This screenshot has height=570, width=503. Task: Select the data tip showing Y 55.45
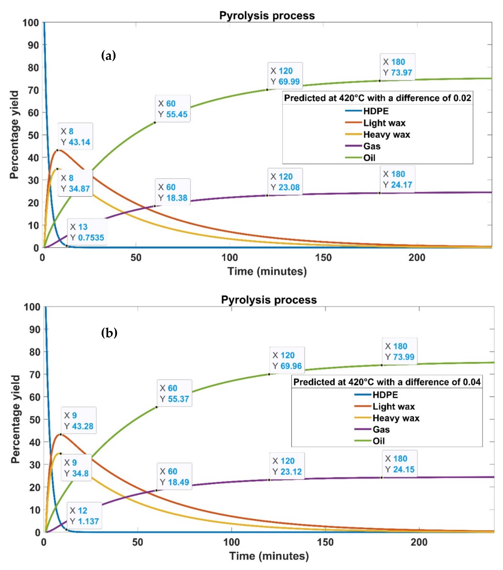(x=173, y=109)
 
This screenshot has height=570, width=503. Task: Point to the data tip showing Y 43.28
(x=79, y=420)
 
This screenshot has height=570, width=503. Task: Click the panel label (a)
(x=108, y=55)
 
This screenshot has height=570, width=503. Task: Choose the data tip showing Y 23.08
(x=285, y=182)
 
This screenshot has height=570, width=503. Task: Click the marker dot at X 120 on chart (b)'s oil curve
(x=269, y=374)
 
